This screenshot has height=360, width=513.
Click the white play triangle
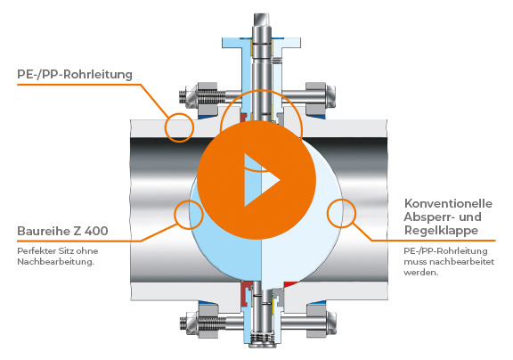click(258, 180)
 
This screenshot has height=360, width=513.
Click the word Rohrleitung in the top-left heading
click(98, 75)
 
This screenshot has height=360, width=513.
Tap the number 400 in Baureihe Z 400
click(96, 231)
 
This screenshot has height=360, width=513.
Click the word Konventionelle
click(448, 203)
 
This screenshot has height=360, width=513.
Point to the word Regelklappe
click(441, 231)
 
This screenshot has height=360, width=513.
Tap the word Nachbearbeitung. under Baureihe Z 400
click(55, 262)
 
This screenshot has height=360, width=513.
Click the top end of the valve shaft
click(262, 16)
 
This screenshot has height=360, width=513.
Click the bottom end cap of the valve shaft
click(262, 343)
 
